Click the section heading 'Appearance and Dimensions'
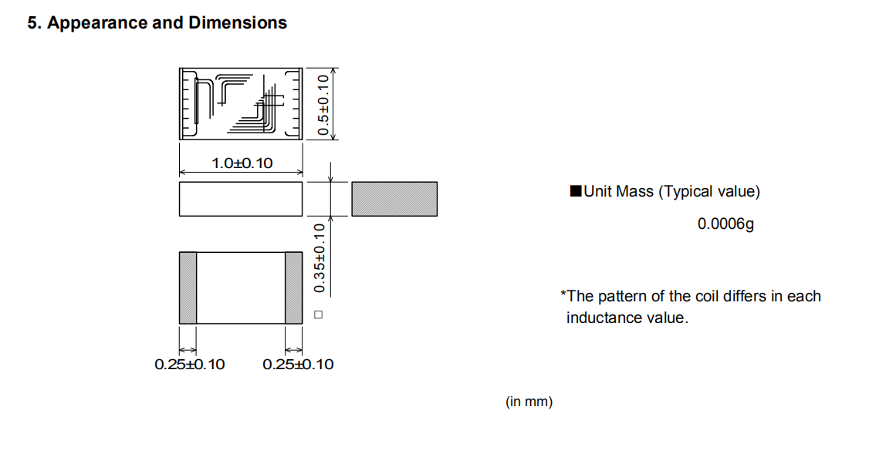[167, 23]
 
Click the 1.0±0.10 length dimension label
[242, 163]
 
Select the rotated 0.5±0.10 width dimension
[323, 103]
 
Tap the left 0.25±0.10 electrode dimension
[190, 365]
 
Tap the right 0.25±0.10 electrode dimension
[298, 365]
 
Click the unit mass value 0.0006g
[725, 224]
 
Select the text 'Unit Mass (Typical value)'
[671, 192]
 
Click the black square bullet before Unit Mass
[575, 192]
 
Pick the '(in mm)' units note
[529, 402]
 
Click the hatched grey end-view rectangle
[394, 199]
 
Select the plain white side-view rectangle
[240, 199]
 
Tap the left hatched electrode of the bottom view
[188, 287]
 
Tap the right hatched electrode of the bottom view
[293, 287]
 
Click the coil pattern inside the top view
[240, 103]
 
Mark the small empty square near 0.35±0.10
[318, 314]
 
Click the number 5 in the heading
[32, 23]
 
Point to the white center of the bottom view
[240, 287]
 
